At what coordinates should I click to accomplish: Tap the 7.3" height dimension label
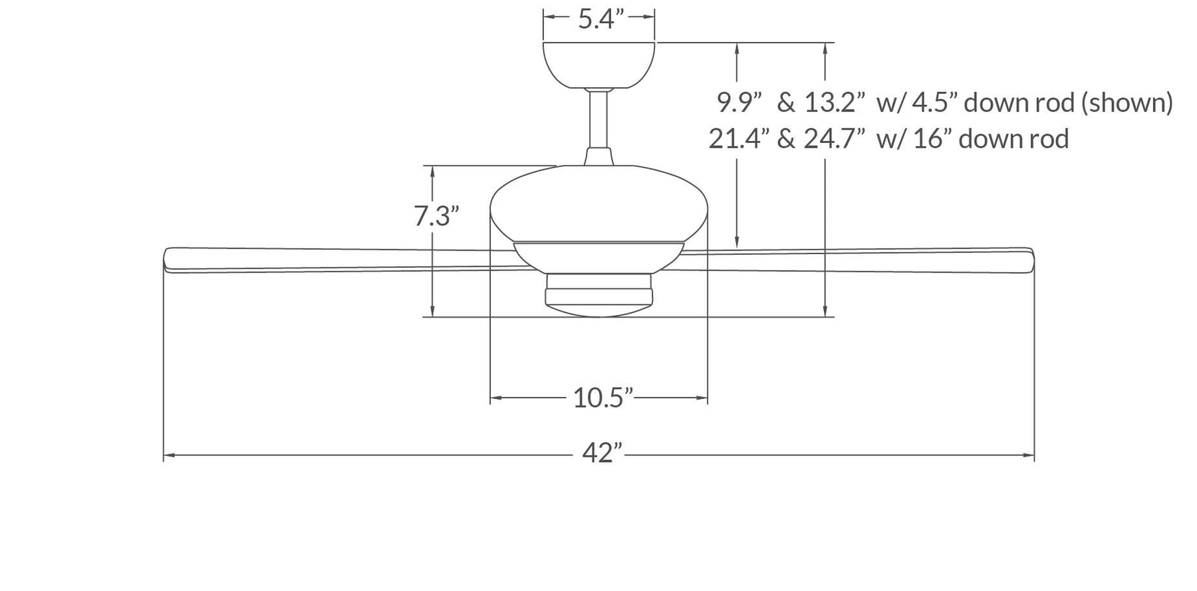tap(436, 216)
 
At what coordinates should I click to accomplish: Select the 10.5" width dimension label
tap(602, 398)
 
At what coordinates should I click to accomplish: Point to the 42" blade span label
tap(602, 453)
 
